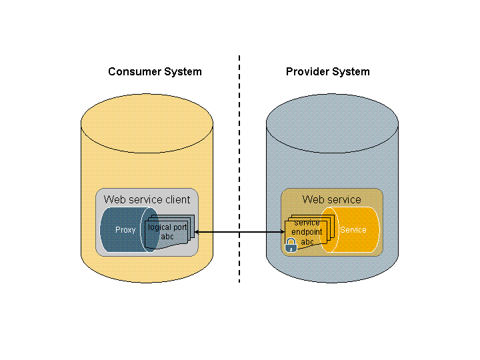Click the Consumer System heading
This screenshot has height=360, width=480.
coord(155,72)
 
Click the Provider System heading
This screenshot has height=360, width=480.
coord(327,72)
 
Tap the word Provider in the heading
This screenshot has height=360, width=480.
coord(308,72)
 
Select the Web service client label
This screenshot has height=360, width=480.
coord(147,199)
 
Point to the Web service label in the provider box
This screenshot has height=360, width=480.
coord(331,199)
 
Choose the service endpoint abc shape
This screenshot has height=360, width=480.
coord(307,233)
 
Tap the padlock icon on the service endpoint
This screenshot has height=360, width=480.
coord(291,245)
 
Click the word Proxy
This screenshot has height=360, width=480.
coord(125,230)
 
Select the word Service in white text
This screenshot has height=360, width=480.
coord(353,230)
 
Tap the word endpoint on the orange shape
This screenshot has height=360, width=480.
coord(307,232)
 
